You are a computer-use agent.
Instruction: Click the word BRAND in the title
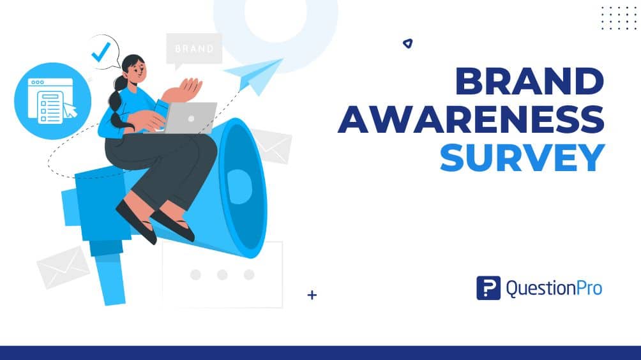[x=529, y=83]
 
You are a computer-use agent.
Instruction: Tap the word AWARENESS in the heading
[x=471, y=120]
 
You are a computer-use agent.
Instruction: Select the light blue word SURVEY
[x=522, y=157]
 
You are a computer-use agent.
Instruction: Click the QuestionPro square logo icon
[x=488, y=288]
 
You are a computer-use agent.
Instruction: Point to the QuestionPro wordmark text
[x=554, y=289]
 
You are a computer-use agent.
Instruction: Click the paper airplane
[x=257, y=74]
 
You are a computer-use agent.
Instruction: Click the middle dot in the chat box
[x=222, y=274]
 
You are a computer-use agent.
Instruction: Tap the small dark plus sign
[x=312, y=295]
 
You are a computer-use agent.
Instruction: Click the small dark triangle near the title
[x=407, y=43]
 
